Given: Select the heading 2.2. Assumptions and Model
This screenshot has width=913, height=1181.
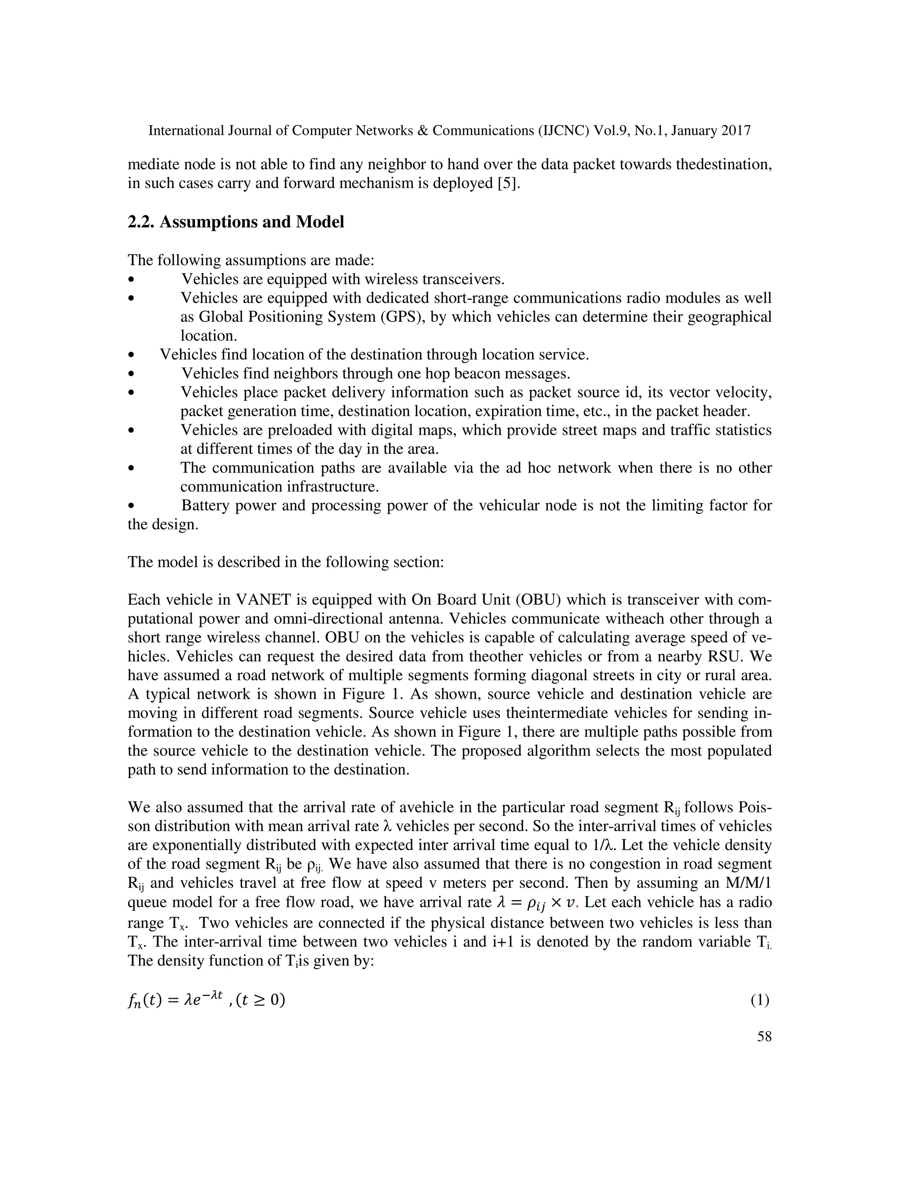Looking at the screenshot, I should point(236,222).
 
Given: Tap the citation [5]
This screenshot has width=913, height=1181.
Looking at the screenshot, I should point(508,183).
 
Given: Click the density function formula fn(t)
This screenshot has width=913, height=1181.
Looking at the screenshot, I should point(206,1001).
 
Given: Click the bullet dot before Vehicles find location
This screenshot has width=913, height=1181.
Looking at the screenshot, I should point(132,355).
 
